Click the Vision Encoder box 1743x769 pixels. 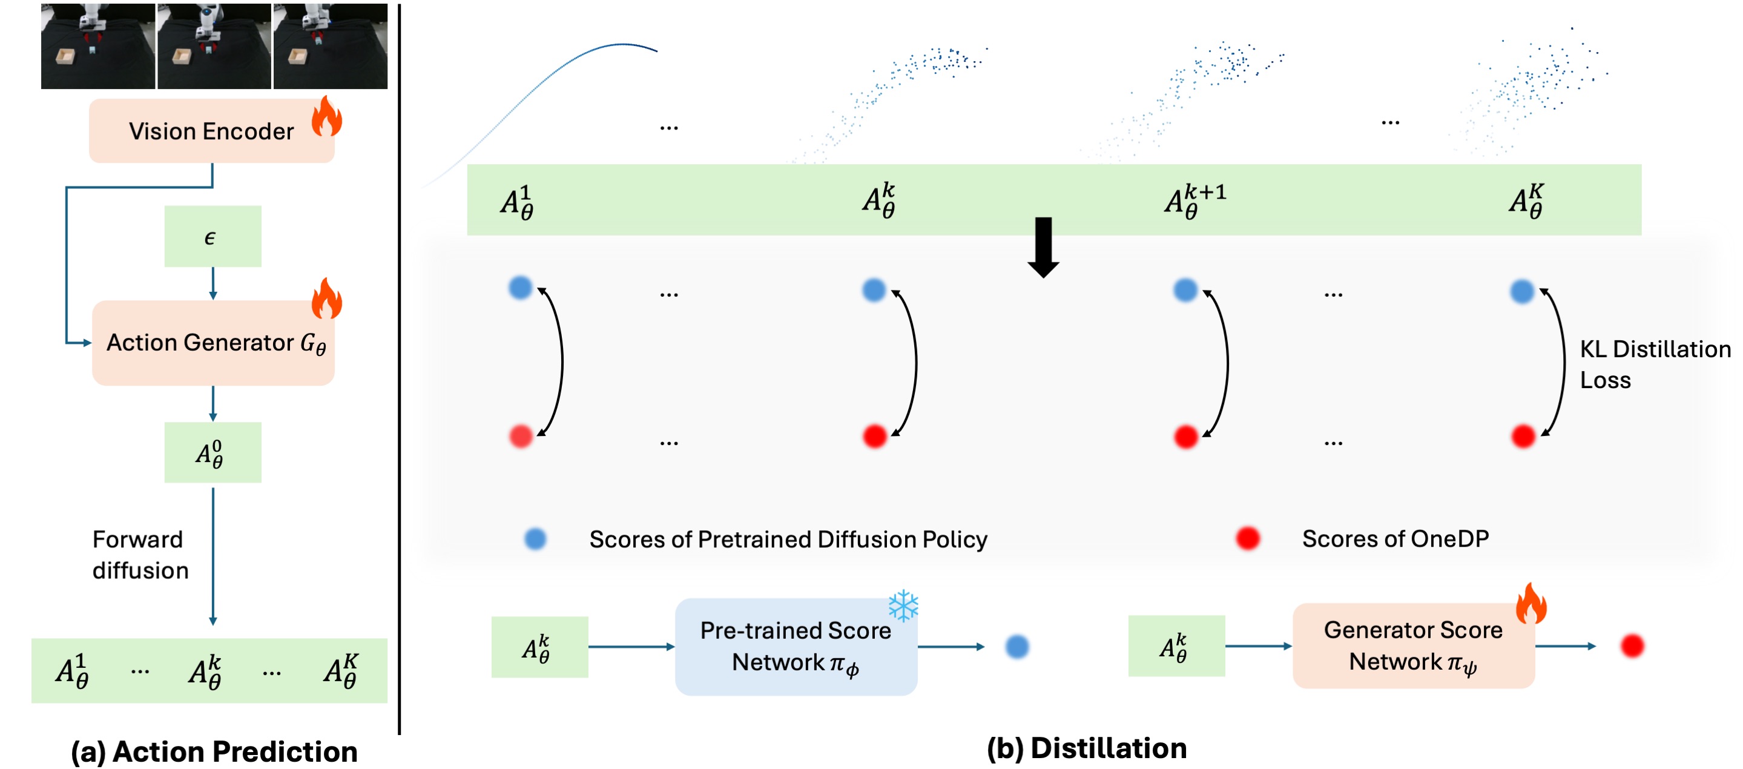tap(211, 131)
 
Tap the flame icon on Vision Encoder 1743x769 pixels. tap(326, 116)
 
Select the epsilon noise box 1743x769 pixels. tap(213, 236)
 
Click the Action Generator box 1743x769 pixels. tap(213, 343)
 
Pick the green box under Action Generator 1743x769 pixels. tap(213, 452)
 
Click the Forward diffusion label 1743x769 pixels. tap(140, 555)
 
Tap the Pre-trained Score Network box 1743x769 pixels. tap(796, 647)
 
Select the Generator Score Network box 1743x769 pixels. tap(1413, 646)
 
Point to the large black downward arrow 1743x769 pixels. tap(1043, 247)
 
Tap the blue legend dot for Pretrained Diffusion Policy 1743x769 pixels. tap(535, 539)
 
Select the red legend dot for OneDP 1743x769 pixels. tap(1248, 538)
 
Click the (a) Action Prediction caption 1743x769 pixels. tap(214, 751)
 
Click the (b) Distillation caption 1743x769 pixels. tap(1086, 748)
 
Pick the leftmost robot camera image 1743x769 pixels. tap(98, 45)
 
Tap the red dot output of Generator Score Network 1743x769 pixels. tap(1632, 646)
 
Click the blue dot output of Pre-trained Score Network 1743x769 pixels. tap(1016, 647)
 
